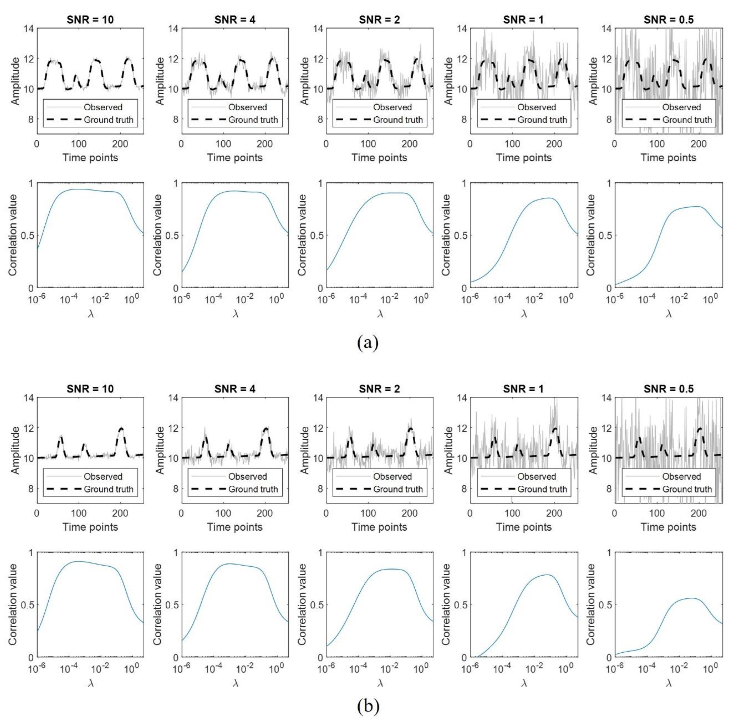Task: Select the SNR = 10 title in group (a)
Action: click(x=90, y=20)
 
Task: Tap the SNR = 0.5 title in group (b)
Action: click(x=669, y=389)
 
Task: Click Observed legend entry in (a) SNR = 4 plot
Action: click(x=247, y=107)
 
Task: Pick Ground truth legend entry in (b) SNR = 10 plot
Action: click(x=109, y=489)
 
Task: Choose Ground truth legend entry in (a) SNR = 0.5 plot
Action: click(x=687, y=120)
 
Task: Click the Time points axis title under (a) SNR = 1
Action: click(x=524, y=158)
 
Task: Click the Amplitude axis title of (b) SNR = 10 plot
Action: click(x=15, y=450)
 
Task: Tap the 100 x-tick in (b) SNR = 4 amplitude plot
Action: click(x=223, y=513)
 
